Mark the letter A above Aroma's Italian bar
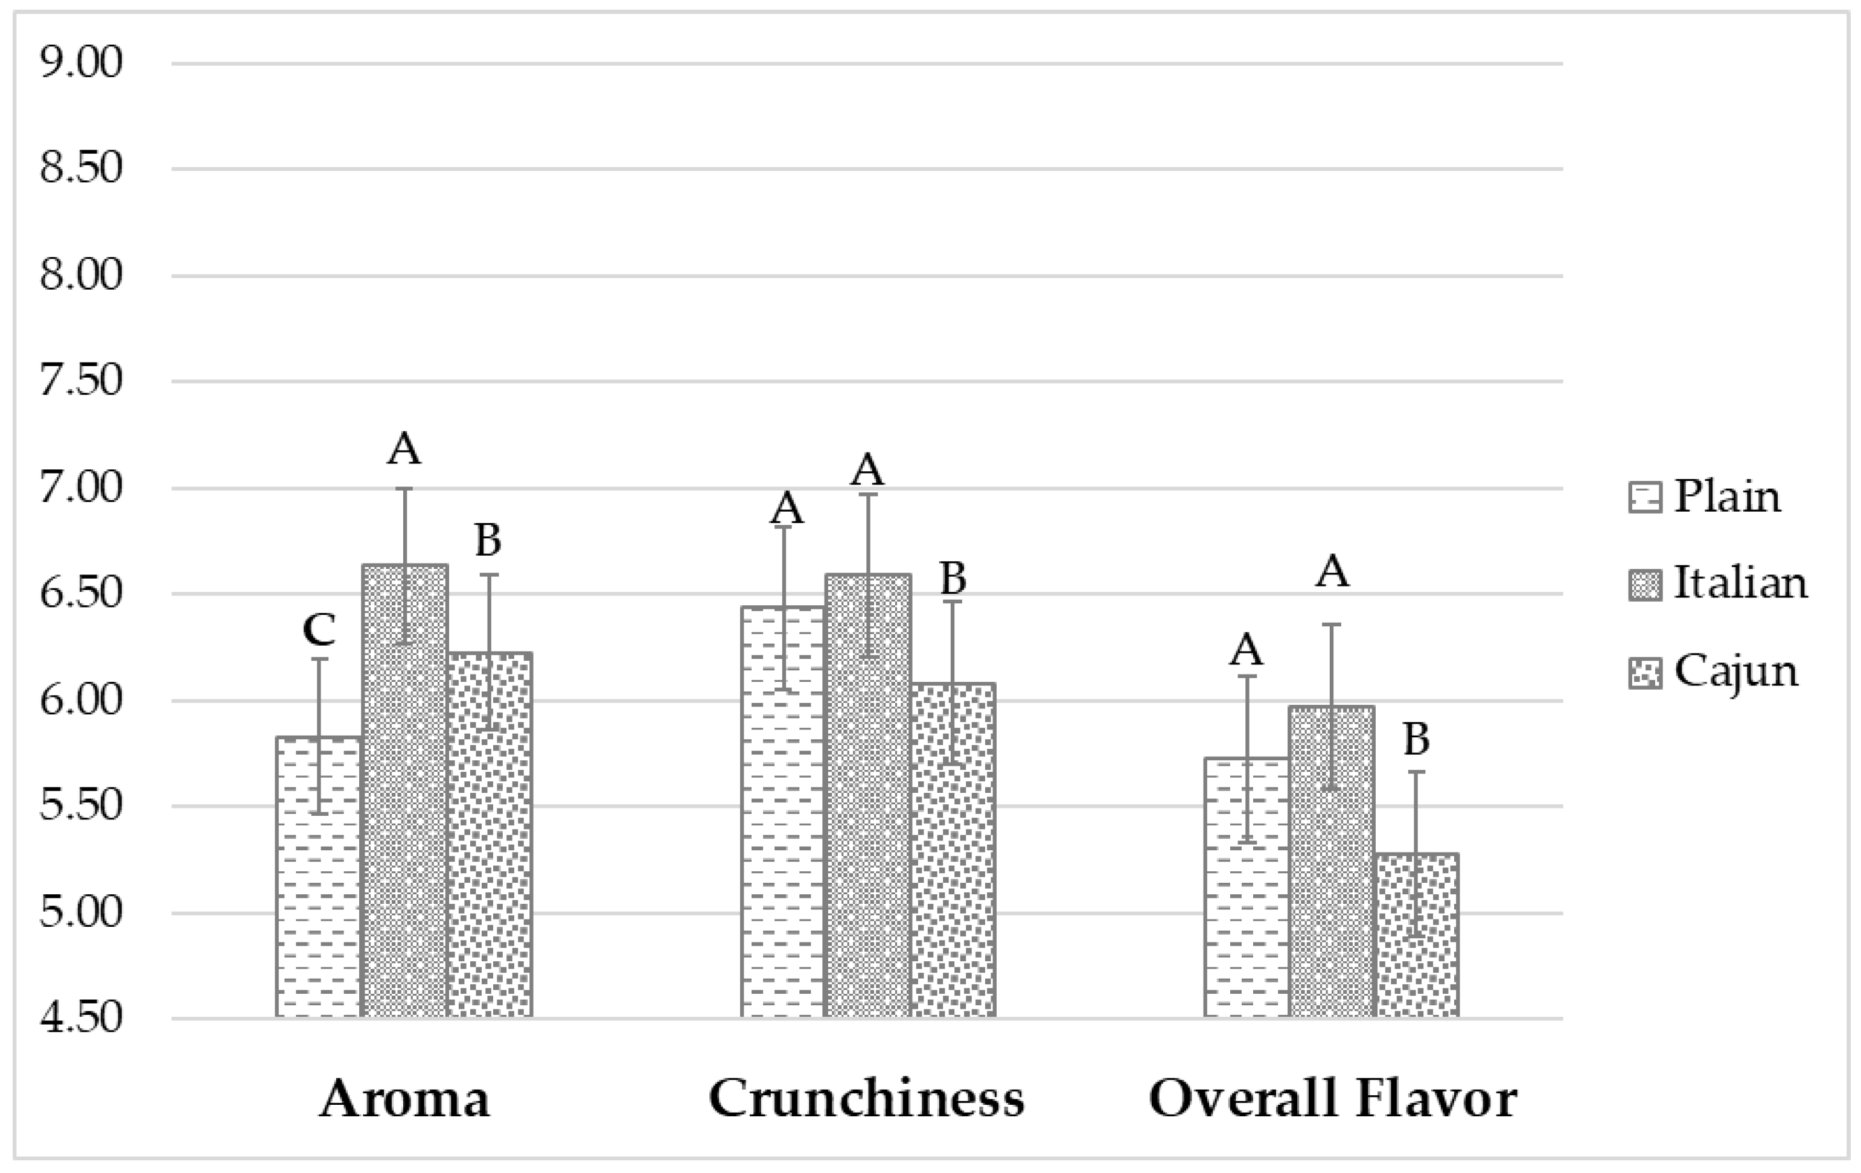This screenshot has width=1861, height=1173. click(x=404, y=448)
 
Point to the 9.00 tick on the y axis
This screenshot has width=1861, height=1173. click(x=81, y=63)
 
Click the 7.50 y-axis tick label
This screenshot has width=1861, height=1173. click(x=81, y=382)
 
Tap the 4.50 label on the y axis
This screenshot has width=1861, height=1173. click(x=81, y=1018)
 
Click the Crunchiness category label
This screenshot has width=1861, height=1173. click(x=866, y=1098)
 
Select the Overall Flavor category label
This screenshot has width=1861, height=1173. click(x=1332, y=1098)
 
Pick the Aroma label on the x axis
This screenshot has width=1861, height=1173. click(x=404, y=1098)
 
